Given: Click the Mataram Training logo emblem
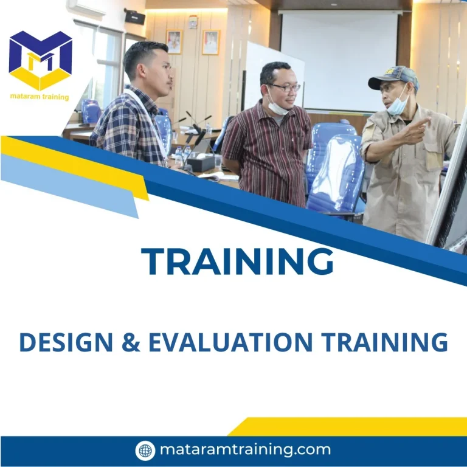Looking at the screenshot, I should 40,60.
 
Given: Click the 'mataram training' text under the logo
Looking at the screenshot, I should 40,97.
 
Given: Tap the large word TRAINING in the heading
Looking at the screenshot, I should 238,261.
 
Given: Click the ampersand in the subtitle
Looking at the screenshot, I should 130,343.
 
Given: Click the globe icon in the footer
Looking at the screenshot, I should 145,451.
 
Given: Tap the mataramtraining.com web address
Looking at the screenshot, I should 245,450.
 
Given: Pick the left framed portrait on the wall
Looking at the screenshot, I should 174,41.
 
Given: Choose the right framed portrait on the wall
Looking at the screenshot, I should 210,43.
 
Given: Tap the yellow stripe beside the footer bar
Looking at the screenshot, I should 353,426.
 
